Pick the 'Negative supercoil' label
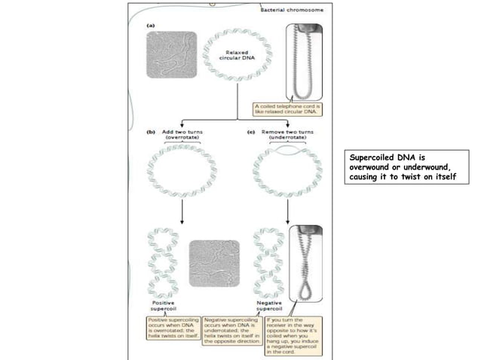(x=268, y=307)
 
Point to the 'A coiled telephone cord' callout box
(x=291, y=111)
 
